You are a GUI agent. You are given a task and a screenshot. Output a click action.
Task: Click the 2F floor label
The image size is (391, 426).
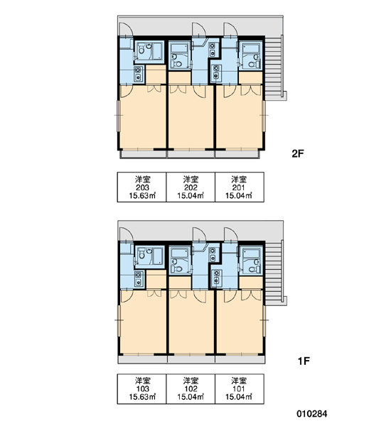(x=297, y=154)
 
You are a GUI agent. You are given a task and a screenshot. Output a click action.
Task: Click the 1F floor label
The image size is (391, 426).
(x=304, y=361)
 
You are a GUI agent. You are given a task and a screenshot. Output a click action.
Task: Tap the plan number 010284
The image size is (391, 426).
(x=312, y=414)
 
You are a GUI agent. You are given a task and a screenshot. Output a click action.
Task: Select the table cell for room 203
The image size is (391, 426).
(x=141, y=187)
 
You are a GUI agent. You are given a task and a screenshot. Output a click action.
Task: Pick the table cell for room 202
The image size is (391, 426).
(x=191, y=187)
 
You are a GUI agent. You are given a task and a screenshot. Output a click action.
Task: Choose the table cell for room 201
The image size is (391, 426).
(x=240, y=187)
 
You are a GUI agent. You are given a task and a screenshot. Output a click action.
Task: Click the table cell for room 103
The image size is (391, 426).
(x=141, y=389)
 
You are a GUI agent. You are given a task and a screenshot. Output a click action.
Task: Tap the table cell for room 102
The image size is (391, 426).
(x=191, y=389)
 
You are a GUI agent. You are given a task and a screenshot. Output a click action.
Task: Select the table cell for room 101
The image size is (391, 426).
(x=240, y=389)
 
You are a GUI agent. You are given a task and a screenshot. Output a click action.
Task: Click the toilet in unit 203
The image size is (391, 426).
(x=141, y=50)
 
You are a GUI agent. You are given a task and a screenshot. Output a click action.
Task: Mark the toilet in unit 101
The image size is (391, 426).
(x=252, y=270)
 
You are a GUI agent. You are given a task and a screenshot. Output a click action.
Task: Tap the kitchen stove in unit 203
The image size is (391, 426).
(x=139, y=74)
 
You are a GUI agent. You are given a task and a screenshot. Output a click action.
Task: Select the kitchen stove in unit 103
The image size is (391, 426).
(x=139, y=279)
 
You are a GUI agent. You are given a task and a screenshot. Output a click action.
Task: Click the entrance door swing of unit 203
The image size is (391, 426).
(x=127, y=29)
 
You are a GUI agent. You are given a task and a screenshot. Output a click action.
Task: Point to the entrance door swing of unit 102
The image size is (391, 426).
(x=200, y=234)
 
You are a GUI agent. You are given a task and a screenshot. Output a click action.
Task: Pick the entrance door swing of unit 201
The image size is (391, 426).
(x=231, y=29)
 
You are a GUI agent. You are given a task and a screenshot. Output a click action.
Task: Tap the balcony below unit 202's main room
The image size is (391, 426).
(x=191, y=154)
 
